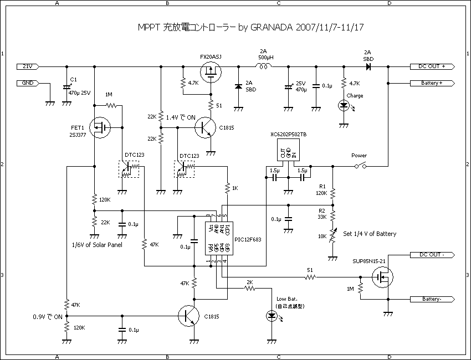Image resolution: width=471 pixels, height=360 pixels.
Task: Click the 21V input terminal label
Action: point(27,66)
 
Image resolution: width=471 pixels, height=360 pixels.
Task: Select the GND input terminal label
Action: point(27,83)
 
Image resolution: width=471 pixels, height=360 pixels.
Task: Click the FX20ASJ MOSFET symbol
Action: point(211,71)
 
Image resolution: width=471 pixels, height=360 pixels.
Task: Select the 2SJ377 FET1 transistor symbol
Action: point(99,129)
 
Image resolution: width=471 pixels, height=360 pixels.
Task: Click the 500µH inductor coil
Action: point(263,66)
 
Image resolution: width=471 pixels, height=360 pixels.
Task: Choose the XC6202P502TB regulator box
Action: point(288,150)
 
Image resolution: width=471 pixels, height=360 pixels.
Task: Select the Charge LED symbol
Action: point(344,106)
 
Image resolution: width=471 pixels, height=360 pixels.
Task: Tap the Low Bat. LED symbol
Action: point(272,316)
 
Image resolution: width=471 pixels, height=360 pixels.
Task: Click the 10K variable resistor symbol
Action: point(333,236)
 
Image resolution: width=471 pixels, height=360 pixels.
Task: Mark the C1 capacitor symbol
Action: point(67,87)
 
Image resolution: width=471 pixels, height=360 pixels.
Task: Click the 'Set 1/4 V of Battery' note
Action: point(370,234)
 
